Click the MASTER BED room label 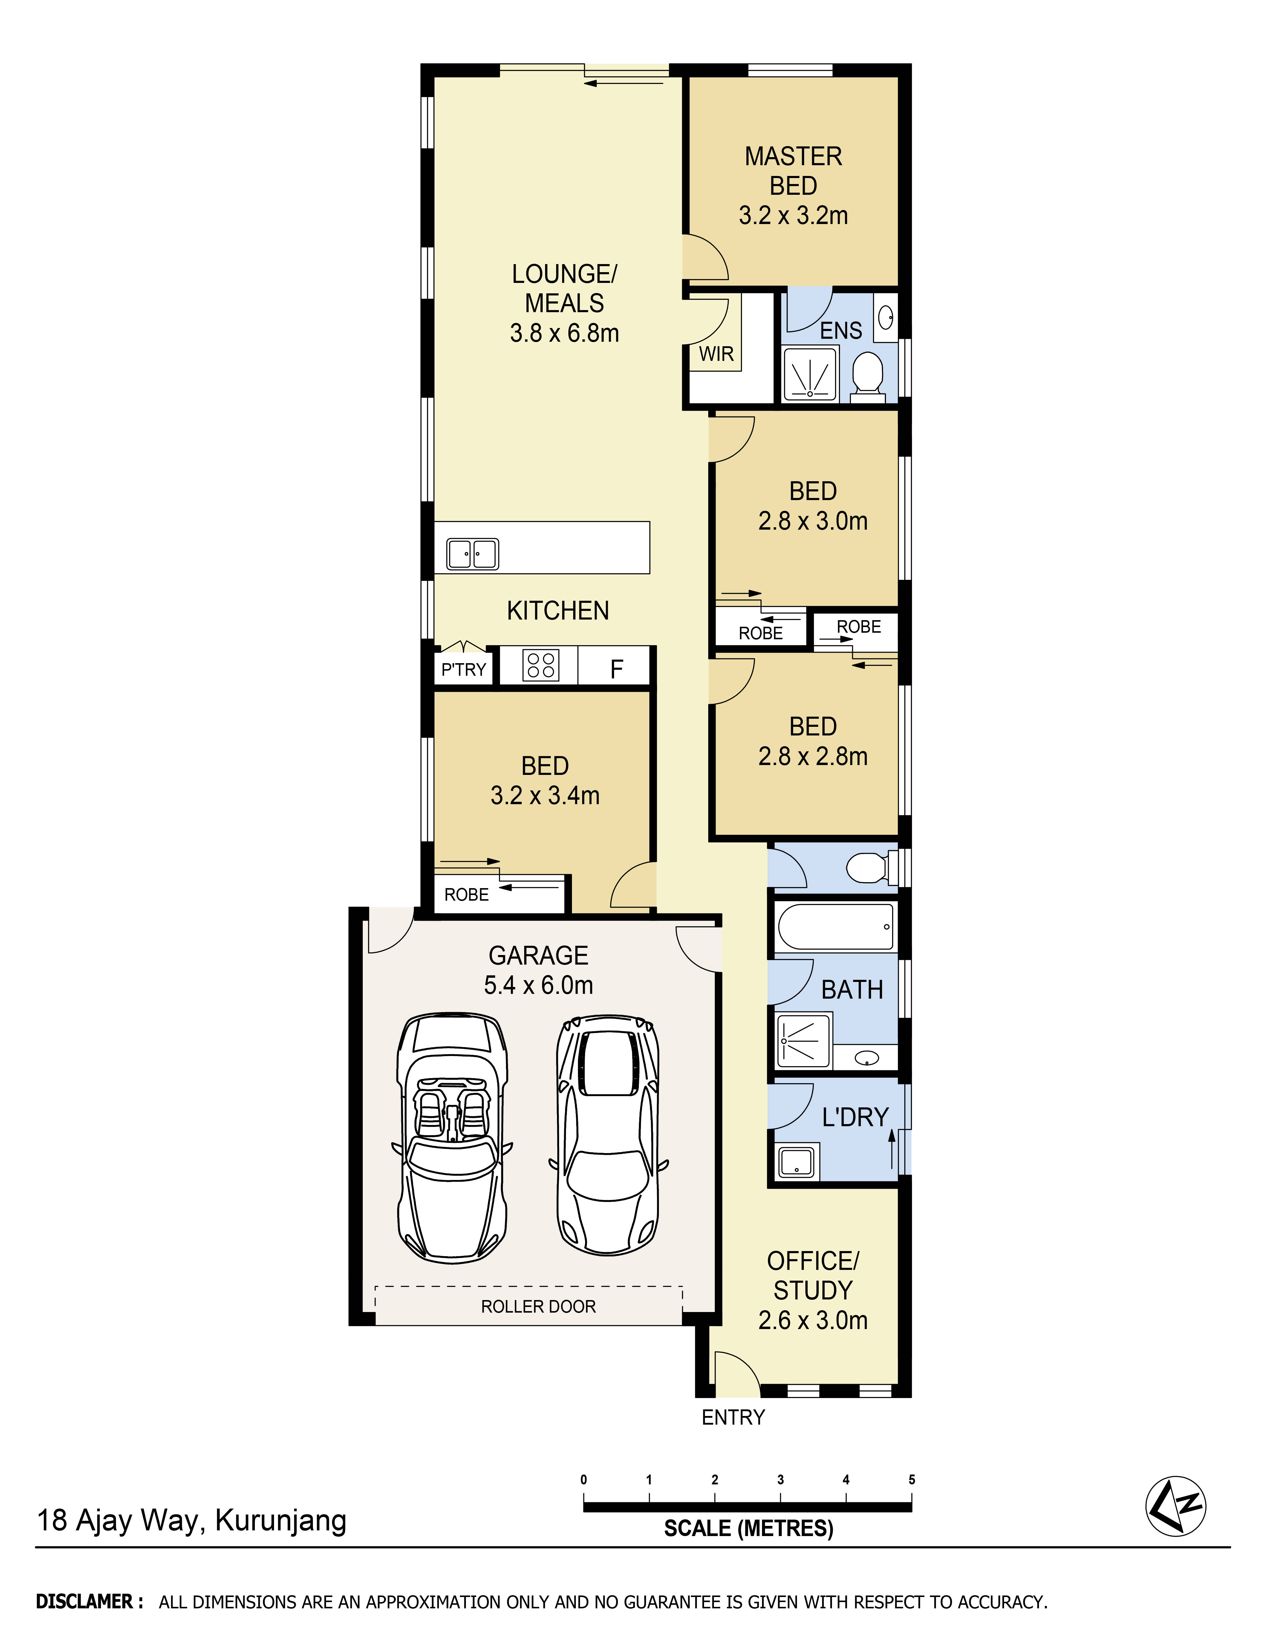(793, 171)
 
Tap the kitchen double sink (472, 554)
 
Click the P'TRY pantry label (463, 669)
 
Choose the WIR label (716, 354)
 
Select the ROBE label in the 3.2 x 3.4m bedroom (466, 894)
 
